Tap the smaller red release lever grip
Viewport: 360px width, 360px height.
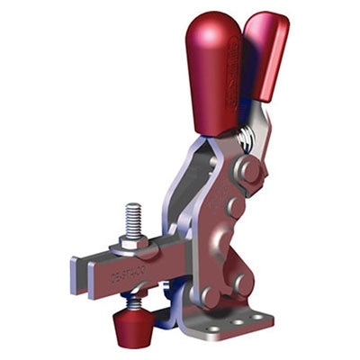pos(266,54)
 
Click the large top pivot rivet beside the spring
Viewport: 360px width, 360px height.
pos(250,170)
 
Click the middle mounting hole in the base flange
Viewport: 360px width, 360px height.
pos(236,321)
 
